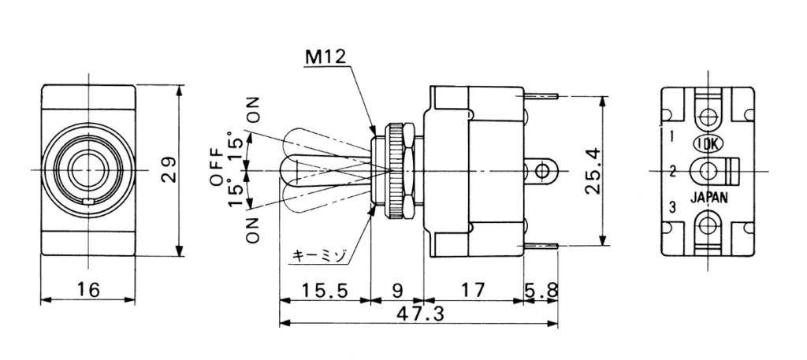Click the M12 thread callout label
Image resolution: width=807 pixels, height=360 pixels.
327,58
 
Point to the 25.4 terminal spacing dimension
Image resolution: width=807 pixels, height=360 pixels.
594,169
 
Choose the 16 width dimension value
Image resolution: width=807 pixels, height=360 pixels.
88,291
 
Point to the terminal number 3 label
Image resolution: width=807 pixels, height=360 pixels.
672,207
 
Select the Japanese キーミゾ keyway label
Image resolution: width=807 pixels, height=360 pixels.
318,255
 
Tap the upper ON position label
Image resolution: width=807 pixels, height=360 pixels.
253,109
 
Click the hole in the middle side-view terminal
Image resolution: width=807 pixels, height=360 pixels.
541,170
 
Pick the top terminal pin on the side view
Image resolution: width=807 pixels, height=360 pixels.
541,95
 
